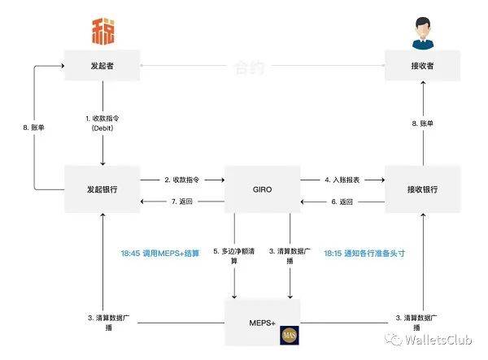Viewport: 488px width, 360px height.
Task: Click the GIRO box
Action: pos(261,189)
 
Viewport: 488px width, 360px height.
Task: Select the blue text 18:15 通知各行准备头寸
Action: pos(364,253)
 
